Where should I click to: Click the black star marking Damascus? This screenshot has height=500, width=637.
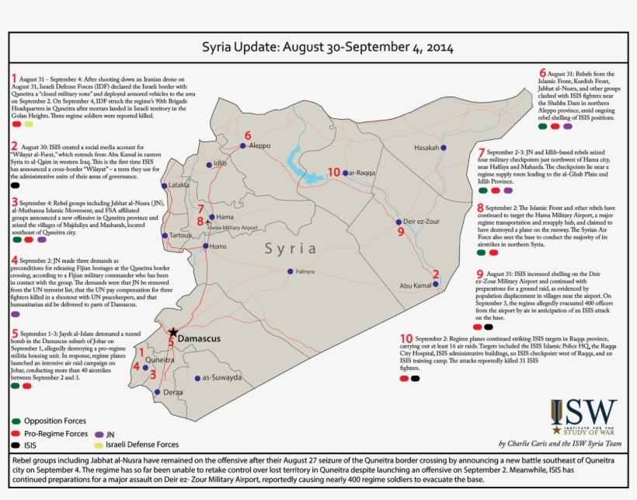(173, 332)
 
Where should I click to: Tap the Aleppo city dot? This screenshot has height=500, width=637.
(242, 145)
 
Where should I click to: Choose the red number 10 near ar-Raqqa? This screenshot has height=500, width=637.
(334, 172)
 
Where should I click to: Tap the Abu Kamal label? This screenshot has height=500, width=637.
(415, 286)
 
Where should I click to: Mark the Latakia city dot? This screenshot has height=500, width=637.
(164, 186)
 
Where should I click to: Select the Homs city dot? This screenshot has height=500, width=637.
(205, 246)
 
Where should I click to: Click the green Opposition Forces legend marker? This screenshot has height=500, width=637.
(16, 420)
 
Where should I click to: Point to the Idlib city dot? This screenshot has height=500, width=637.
(208, 165)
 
